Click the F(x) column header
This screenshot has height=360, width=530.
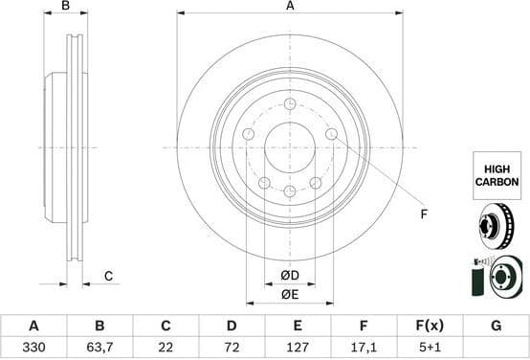(x=429, y=326)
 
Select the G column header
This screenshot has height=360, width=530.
(x=496, y=326)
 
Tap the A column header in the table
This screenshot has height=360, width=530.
(x=33, y=326)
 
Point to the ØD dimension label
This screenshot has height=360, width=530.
(x=289, y=276)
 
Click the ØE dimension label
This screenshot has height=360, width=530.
(x=289, y=295)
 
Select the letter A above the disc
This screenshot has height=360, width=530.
(x=289, y=7)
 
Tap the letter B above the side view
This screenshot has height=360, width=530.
(x=65, y=7)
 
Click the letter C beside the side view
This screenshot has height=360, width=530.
(x=108, y=276)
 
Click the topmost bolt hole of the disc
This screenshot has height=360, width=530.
(x=289, y=103)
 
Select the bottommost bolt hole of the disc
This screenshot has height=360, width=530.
(x=289, y=191)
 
